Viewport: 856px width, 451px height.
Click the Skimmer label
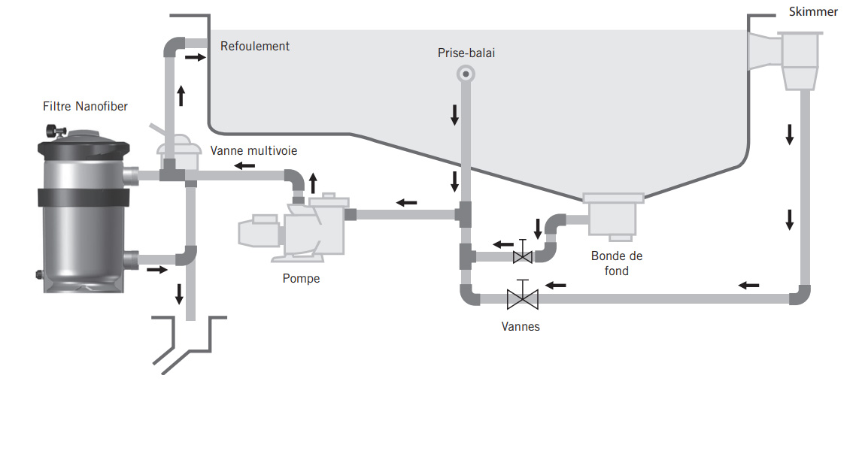813,12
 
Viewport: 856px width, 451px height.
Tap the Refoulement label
255,47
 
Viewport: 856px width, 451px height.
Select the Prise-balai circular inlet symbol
466,74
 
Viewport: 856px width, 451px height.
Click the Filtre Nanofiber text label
85,106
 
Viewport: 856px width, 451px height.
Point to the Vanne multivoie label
253,150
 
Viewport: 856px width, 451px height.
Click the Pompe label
301,278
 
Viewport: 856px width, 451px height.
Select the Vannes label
521,327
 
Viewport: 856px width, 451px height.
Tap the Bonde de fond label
617,263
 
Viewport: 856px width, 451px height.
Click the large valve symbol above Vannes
523,295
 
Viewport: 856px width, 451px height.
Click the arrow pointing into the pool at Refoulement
195,56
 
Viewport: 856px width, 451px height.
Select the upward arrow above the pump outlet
313,183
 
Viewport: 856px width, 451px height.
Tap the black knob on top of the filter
55,130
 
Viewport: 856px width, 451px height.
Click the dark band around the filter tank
83,198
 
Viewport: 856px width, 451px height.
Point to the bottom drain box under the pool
614,216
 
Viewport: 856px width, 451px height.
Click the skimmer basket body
800,60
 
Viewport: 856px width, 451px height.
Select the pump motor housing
259,232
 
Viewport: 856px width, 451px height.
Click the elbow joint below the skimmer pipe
800,295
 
